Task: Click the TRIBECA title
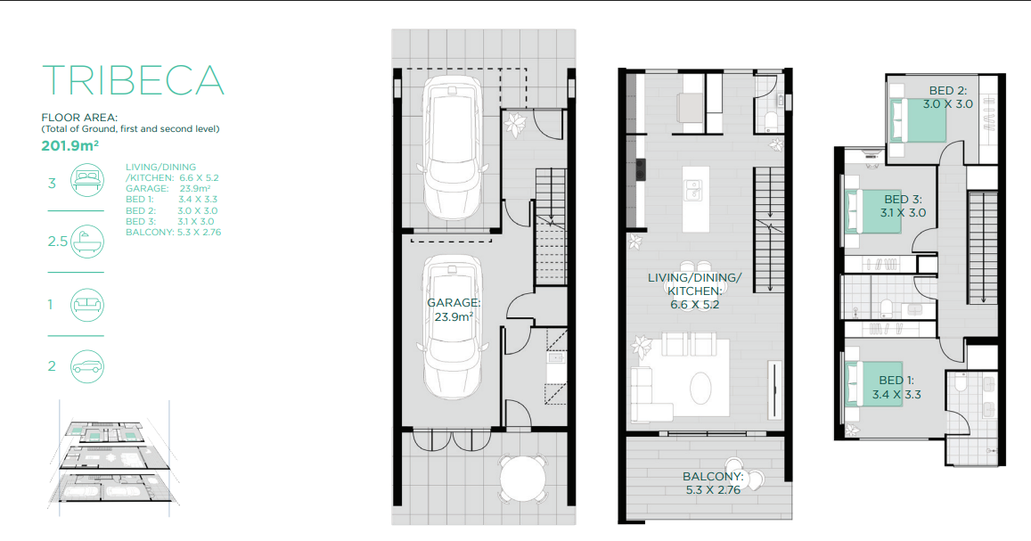point(133,80)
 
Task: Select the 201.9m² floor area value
point(70,146)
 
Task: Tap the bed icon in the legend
point(87,179)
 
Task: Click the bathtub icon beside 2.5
point(87,242)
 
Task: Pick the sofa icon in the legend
point(87,305)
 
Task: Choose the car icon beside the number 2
point(87,366)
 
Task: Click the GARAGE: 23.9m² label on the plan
point(454,309)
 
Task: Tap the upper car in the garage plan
point(452,147)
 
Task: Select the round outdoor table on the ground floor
point(523,480)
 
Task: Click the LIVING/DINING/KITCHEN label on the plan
point(694,291)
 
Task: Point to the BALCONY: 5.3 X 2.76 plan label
point(713,483)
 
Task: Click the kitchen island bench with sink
point(696,199)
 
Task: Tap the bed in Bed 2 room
point(917,119)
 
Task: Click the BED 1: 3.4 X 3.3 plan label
point(896,387)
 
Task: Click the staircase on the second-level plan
point(982,247)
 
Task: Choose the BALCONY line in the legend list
point(174,232)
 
